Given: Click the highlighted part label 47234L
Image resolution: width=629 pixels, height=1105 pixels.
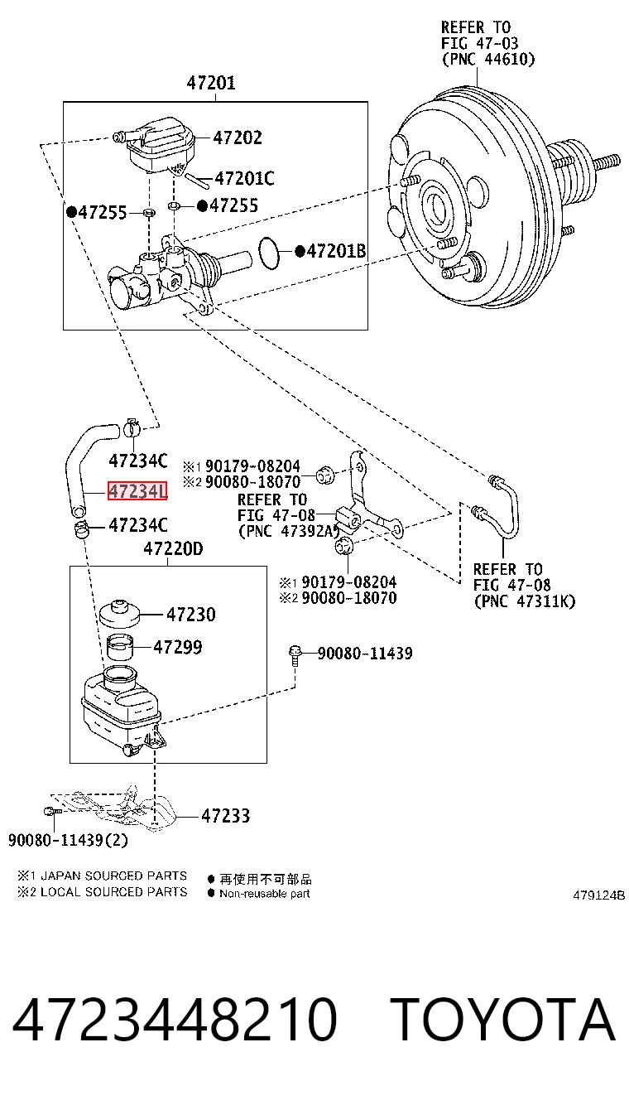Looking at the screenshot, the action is point(137,491).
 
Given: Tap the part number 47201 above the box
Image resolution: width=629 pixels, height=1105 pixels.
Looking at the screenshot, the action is point(211,83).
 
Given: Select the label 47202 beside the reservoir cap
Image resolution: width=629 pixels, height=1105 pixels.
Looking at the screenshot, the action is point(238,138).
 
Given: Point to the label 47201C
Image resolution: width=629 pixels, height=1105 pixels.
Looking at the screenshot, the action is point(244,178).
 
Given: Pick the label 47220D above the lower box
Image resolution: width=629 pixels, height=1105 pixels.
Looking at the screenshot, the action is point(173,548).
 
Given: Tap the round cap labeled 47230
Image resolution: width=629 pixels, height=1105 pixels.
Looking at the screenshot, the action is point(120,613).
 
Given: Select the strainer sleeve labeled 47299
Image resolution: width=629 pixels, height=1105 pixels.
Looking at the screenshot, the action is point(120,647).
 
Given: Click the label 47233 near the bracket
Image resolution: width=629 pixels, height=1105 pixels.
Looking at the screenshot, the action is point(226,816).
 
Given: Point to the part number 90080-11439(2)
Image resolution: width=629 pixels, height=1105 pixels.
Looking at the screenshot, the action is point(68,840).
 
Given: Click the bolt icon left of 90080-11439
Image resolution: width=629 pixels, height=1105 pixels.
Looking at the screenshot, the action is point(295,655).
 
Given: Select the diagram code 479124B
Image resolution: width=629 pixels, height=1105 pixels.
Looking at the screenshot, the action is point(598,895).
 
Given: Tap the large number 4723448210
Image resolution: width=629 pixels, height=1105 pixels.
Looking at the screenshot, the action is point(175,1020).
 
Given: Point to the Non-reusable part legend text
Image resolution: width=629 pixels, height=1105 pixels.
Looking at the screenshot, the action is point(265,894).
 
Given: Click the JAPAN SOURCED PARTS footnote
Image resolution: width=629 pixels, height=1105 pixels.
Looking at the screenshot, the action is point(113,876).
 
